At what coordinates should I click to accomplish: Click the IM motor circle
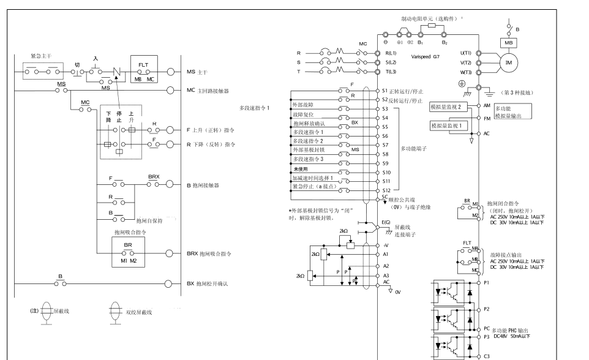click(508, 64)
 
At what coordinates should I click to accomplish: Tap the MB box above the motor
click(508, 43)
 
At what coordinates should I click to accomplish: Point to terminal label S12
click(386, 191)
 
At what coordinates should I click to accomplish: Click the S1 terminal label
click(385, 90)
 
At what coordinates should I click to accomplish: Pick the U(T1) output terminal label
click(465, 53)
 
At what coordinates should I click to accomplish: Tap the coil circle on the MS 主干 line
click(171, 72)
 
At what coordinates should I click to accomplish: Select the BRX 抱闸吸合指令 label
click(206, 253)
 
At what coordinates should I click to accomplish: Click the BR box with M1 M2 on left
click(128, 251)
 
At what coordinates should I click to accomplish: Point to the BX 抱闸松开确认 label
click(206, 283)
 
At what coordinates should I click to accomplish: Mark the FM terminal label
click(487, 118)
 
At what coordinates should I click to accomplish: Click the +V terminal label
click(386, 244)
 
